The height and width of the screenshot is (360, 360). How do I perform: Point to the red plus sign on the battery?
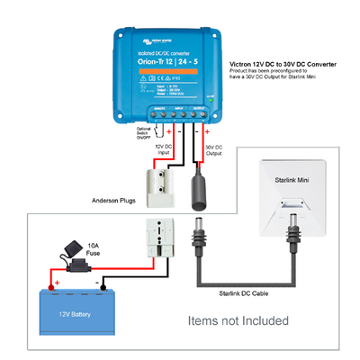click(56, 283)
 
